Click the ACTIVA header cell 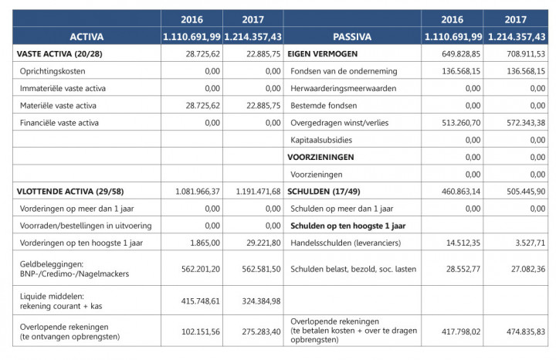point(86,36)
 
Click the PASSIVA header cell point(352,36)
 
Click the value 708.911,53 point(526,54)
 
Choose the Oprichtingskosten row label point(53,71)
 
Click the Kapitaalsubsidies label point(324,140)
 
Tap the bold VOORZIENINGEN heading point(320,157)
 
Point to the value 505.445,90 point(526,191)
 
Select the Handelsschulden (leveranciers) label point(341,243)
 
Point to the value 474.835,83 point(526,331)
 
